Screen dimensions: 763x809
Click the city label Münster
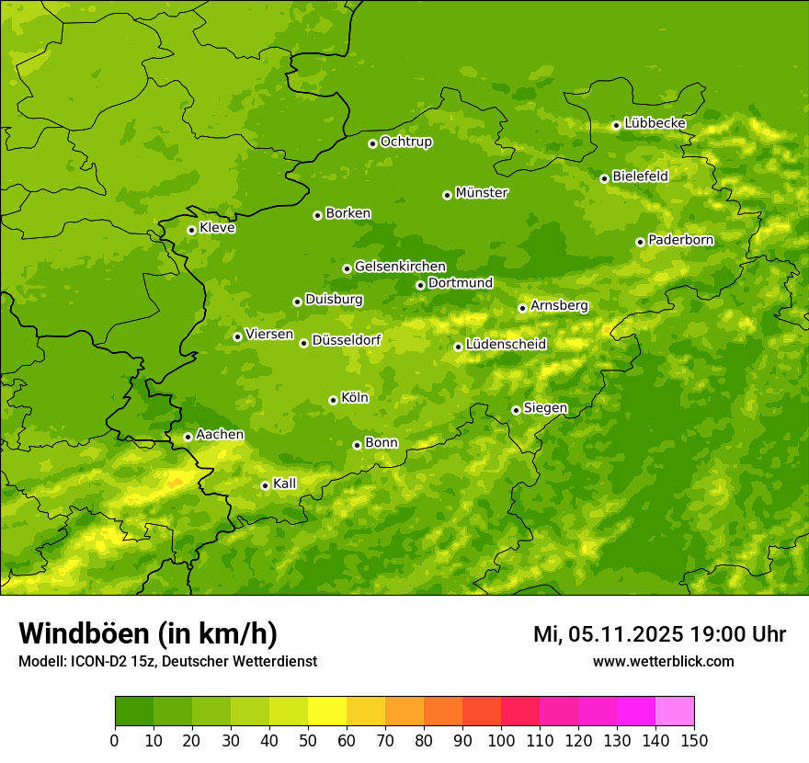click(x=482, y=193)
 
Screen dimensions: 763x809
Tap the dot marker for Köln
click(x=333, y=400)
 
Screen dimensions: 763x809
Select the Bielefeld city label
click(x=640, y=177)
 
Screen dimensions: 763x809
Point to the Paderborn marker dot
click(x=640, y=242)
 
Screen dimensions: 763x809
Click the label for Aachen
click(x=220, y=435)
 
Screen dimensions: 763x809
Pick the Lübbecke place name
click(x=655, y=123)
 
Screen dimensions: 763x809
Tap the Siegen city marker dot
click(x=516, y=410)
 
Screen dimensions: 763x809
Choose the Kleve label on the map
click(x=217, y=228)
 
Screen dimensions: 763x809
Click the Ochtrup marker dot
click(x=372, y=142)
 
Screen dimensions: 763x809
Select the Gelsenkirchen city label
click(x=400, y=267)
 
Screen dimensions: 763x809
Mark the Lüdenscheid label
click(x=506, y=345)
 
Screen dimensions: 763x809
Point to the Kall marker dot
click(x=265, y=485)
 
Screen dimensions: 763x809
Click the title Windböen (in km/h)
click(x=148, y=633)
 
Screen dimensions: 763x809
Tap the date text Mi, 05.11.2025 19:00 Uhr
click(x=659, y=634)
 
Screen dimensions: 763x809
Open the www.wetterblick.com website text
click(x=663, y=661)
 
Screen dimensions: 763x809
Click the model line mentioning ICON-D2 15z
click(x=167, y=661)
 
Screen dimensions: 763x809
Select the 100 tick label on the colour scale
click(x=501, y=740)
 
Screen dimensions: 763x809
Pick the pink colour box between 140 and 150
click(x=675, y=712)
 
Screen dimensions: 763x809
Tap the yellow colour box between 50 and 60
click(x=327, y=712)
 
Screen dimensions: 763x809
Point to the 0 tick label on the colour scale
click(x=115, y=740)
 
